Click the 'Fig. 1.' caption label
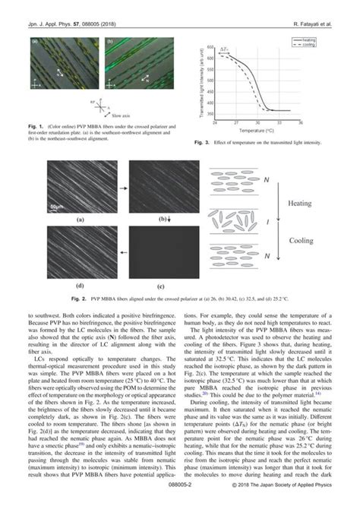[36, 124]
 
